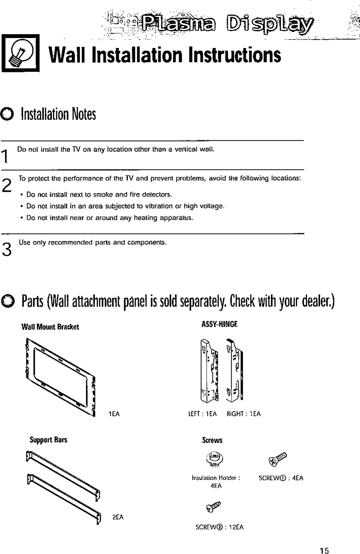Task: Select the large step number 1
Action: tap(5, 156)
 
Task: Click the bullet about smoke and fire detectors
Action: tap(99, 195)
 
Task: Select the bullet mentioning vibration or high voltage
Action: tap(125, 206)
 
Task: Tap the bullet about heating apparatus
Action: tap(109, 218)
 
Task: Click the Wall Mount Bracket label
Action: tap(50, 327)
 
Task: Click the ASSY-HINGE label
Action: tap(220, 324)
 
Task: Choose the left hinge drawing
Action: tap(209, 370)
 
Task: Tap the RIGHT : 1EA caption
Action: tap(243, 414)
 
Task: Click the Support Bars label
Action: tap(49, 440)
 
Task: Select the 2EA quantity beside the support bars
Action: tap(118, 517)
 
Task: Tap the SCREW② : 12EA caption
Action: tap(219, 527)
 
